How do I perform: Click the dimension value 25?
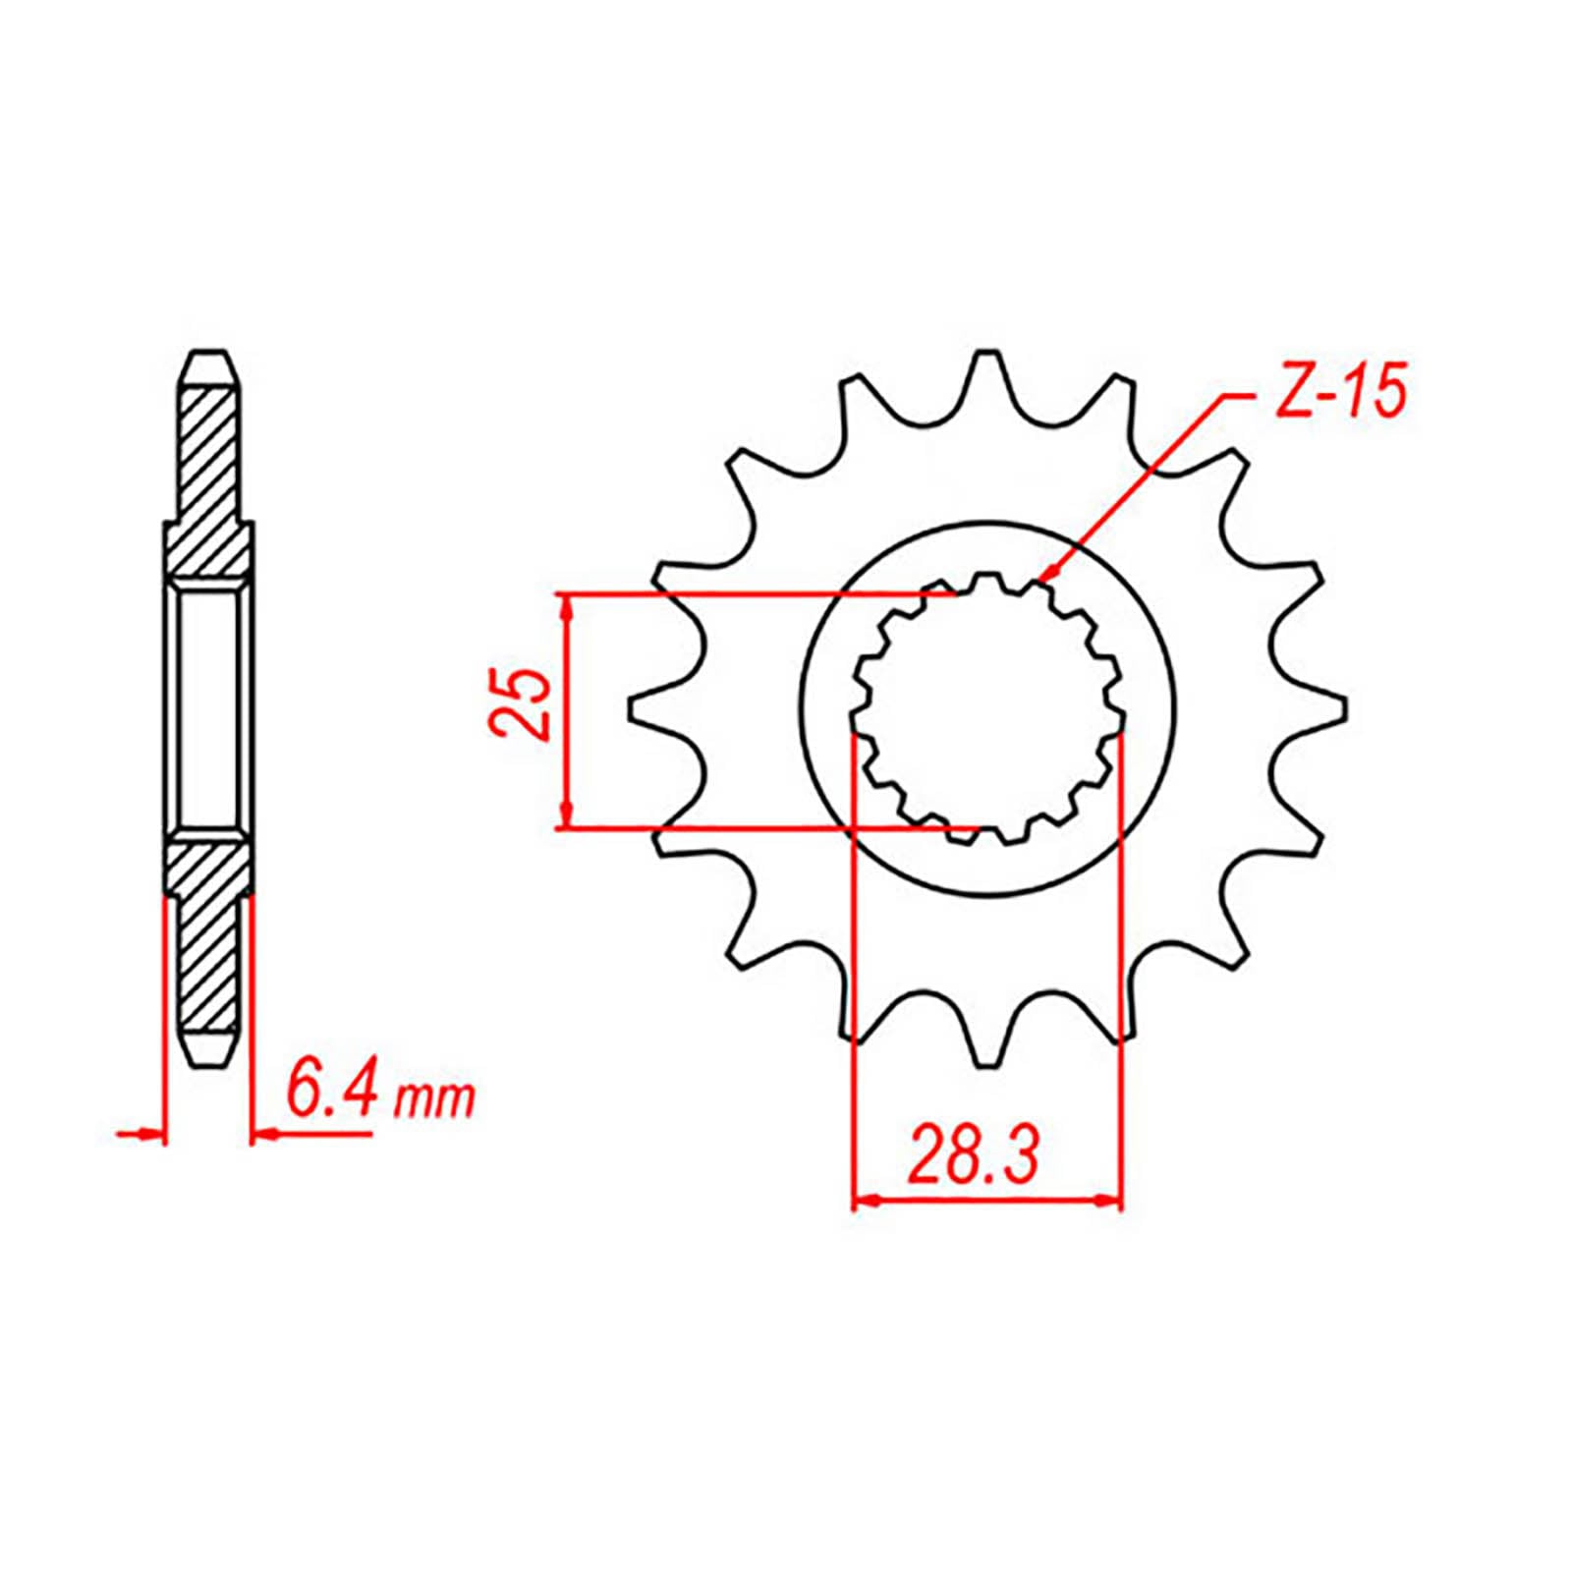pos(518,703)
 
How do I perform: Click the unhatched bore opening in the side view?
pos(209,707)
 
